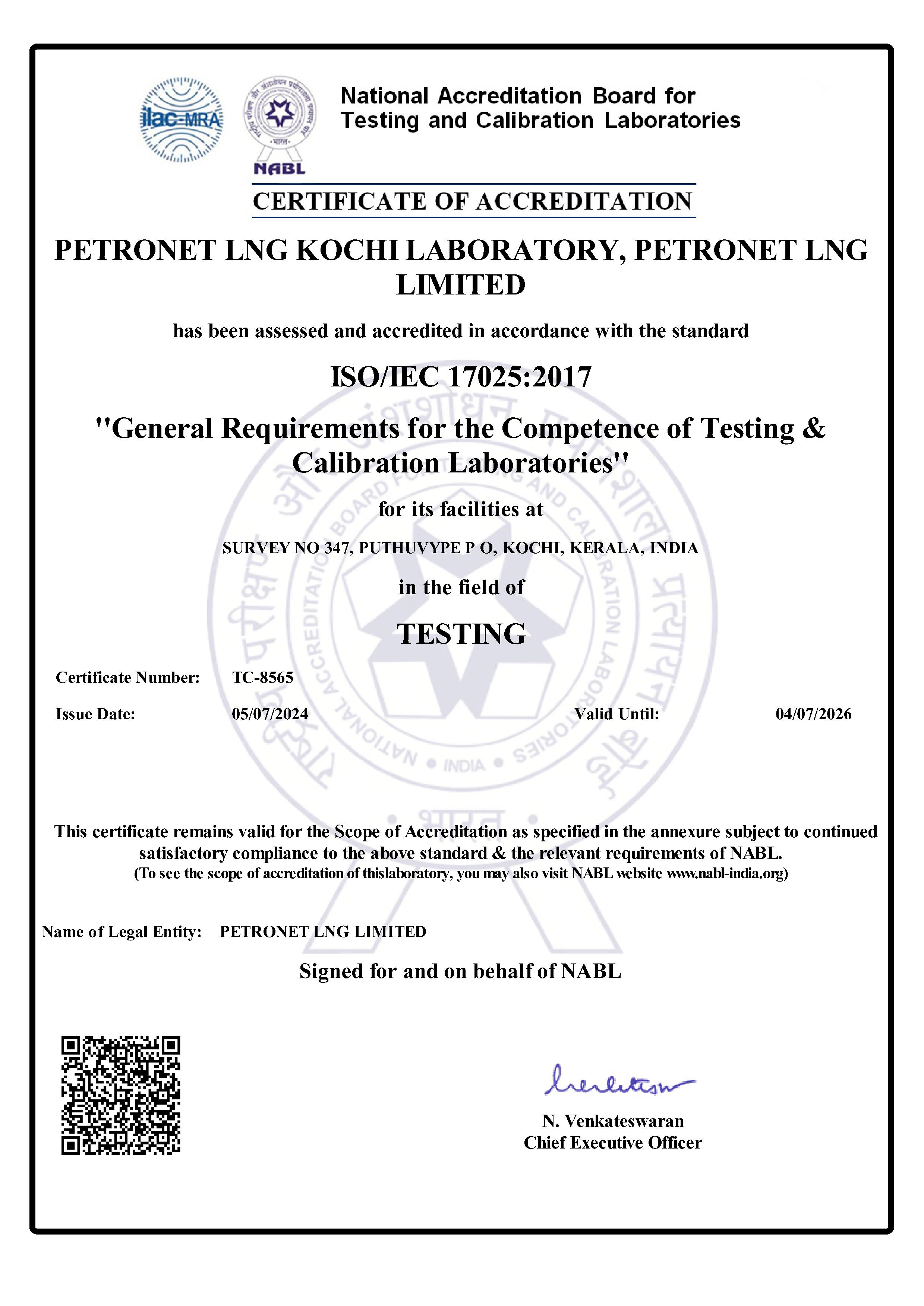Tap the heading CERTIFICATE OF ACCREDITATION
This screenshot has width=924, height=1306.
(x=473, y=201)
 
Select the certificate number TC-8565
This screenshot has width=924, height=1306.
(x=262, y=678)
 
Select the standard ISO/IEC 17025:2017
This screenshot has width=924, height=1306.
(x=461, y=376)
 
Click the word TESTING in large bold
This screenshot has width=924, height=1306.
(x=461, y=634)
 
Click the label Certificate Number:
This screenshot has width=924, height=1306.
(x=127, y=678)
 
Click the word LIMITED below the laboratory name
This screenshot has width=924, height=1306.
(x=461, y=285)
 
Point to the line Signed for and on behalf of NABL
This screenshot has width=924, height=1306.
(x=460, y=971)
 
